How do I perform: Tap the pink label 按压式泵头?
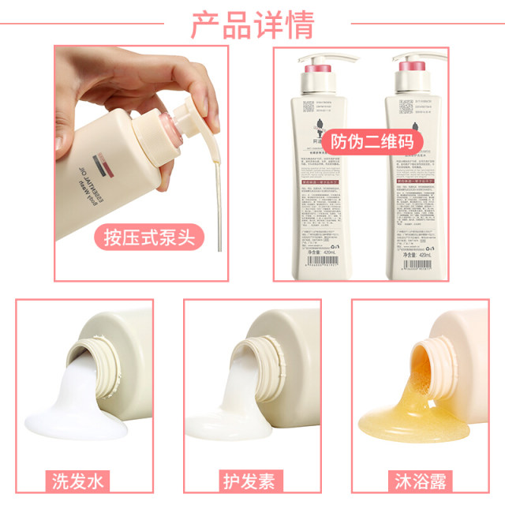[x=148, y=236]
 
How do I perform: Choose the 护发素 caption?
[x=252, y=481]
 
